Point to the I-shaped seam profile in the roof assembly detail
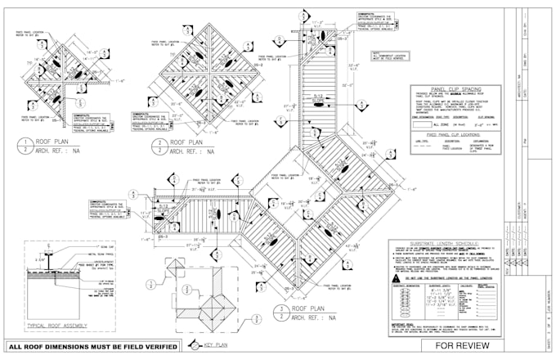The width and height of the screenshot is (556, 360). [x=51, y=256]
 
